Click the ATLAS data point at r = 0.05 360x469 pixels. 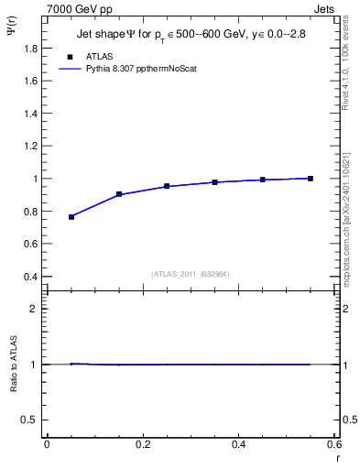71,217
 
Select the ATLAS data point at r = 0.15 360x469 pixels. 119,194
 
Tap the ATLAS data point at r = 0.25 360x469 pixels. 167,186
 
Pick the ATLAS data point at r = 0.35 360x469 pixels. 214,182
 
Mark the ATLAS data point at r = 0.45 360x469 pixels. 263,180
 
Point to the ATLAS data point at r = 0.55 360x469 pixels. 311,179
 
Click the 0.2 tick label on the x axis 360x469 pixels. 142,444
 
